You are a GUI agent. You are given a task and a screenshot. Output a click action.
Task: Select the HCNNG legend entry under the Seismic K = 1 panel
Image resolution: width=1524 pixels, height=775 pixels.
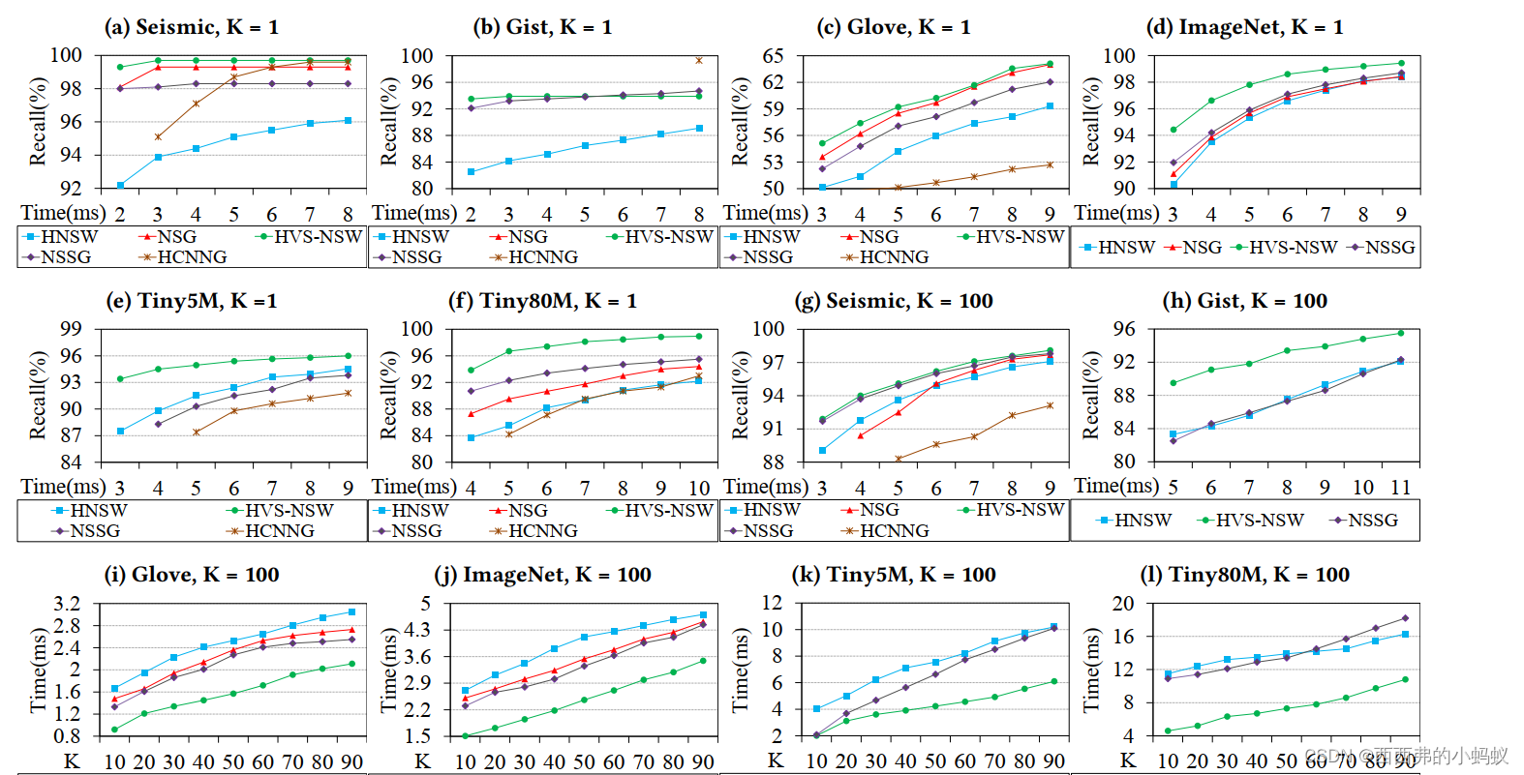191,257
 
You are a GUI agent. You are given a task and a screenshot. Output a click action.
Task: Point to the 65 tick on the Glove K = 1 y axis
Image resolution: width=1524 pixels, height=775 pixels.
773,56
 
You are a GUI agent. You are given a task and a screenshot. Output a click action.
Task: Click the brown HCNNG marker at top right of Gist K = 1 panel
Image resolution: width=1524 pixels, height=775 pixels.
699,60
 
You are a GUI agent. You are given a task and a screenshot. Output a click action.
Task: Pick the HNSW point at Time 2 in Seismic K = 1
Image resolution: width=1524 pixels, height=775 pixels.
120,185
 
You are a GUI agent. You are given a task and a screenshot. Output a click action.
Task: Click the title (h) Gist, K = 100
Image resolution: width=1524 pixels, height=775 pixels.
1244,301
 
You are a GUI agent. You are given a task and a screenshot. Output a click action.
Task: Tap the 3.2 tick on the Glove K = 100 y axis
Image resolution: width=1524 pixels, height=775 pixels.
67,605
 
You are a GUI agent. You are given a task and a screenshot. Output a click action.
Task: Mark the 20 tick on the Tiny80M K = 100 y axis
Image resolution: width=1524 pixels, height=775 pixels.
1122,604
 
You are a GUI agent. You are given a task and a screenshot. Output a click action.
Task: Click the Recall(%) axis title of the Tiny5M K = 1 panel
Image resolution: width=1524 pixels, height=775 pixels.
38,396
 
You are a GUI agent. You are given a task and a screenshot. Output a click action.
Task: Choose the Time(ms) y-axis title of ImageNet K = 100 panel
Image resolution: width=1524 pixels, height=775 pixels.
388,671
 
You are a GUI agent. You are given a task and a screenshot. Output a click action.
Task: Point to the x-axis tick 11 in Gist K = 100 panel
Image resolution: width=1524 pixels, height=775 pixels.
1400,488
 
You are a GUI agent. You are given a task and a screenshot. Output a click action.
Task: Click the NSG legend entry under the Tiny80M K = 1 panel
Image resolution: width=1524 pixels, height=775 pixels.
527,510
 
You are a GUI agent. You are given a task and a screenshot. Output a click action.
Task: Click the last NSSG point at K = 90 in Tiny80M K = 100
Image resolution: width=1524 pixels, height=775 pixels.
1405,618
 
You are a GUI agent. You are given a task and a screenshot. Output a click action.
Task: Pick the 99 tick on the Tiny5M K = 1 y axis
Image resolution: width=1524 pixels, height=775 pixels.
71,329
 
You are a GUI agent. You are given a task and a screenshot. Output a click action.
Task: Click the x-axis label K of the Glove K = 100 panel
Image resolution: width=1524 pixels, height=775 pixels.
71,761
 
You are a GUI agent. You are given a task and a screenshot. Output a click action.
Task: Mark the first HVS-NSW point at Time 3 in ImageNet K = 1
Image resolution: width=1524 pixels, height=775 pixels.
1173,130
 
